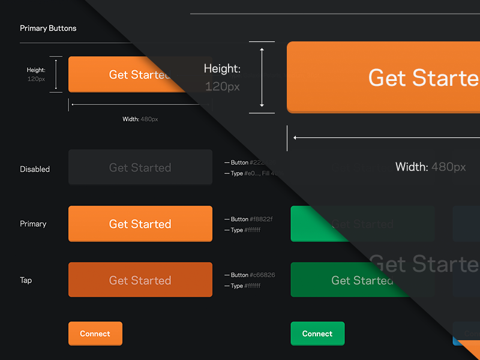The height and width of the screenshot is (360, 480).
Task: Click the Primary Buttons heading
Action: tap(48, 28)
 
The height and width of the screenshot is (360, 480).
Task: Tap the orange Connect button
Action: tap(95, 334)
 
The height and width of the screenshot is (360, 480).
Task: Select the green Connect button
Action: tap(317, 334)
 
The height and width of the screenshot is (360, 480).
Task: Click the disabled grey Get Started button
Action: tap(140, 167)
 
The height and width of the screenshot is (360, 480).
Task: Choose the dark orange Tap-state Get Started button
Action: tap(140, 280)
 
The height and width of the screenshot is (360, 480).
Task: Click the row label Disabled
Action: tap(35, 169)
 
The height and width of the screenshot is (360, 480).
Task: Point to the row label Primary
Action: tap(33, 224)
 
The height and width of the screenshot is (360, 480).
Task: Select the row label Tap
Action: tap(26, 280)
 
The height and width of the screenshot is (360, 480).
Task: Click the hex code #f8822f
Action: tap(261, 219)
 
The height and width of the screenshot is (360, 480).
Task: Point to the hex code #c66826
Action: tap(262, 275)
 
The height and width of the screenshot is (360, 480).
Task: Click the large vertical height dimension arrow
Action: tap(262, 77)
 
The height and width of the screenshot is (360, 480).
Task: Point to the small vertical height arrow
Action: tap(56, 74)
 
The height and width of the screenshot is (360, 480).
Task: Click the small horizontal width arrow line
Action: tap(140, 104)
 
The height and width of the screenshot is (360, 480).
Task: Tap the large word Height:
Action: tap(222, 69)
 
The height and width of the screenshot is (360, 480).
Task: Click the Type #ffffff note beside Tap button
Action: tap(245, 286)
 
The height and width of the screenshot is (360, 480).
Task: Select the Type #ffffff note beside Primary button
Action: tap(245, 230)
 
